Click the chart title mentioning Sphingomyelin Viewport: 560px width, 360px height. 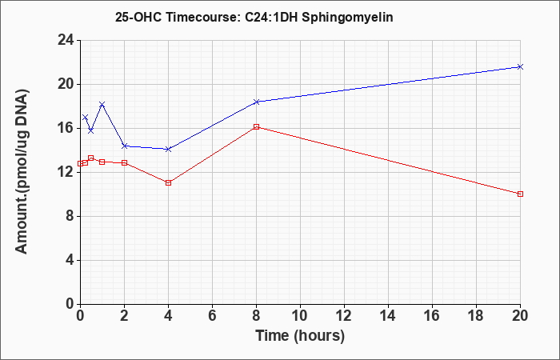tap(254, 17)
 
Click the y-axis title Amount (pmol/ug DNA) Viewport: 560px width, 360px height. tap(22, 171)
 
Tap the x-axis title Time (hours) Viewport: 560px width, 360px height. tap(300, 336)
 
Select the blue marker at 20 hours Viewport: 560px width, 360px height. tap(520, 66)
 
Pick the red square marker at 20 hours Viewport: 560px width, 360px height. tap(520, 194)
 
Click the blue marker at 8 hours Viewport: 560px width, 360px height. tap(257, 102)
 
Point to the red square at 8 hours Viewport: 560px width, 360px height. tap(257, 126)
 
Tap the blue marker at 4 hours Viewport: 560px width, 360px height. tap(169, 149)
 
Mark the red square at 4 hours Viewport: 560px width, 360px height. tap(169, 183)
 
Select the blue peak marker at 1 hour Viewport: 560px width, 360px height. tap(102, 104)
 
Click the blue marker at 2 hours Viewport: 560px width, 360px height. tap(124, 146)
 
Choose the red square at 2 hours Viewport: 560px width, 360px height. tap(124, 162)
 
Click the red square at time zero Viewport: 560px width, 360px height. tap(80, 163)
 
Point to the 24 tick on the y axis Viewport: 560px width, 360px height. tap(66, 40)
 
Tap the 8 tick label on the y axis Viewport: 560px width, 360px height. tap(70, 216)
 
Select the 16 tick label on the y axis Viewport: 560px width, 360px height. tap(66, 128)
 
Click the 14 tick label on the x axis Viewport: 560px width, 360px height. tap(388, 315)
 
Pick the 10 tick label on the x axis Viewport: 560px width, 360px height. tap(300, 315)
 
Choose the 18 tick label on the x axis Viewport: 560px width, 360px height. tap(476, 315)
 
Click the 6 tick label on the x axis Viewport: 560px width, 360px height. tap(212, 315)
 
